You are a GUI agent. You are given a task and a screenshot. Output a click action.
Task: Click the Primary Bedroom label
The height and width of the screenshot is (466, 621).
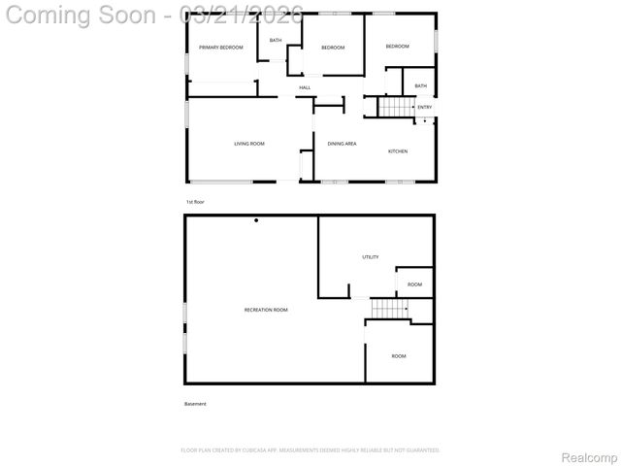click(220, 48)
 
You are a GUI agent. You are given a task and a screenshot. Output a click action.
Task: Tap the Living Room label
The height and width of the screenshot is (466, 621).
click(249, 144)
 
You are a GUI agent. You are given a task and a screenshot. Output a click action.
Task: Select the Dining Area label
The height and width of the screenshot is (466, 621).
click(342, 144)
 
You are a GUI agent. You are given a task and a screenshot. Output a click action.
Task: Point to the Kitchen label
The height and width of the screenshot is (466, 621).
click(398, 151)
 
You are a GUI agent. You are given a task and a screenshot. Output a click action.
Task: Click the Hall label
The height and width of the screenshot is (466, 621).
click(305, 88)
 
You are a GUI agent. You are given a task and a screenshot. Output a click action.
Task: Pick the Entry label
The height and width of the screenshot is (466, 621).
click(425, 107)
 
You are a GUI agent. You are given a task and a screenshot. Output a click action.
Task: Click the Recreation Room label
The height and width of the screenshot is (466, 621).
click(266, 310)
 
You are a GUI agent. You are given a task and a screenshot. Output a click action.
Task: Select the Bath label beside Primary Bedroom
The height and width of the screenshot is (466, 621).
click(276, 40)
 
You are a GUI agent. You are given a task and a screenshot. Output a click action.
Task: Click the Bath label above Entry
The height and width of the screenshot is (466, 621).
click(420, 85)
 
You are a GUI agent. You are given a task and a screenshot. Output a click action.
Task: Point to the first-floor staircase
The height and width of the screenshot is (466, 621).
click(394, 107)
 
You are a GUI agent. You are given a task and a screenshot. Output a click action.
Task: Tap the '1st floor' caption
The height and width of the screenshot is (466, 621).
click(195, 202)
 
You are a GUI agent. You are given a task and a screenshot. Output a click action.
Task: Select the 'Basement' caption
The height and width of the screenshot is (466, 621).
click(195, 404)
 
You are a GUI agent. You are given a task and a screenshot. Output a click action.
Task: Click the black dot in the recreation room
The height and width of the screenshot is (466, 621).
click(256, 220)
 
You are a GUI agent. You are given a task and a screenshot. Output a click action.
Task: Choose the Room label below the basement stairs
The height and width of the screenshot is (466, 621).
click(399, 356)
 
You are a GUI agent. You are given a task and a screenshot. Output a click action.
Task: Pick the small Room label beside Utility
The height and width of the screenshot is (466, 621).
click(414, 284)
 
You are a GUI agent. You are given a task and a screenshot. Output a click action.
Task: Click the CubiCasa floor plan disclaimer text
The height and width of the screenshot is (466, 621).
click(310, 450)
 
